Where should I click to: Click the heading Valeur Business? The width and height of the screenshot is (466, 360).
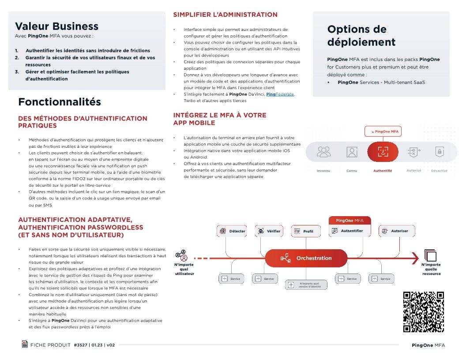(56, 26)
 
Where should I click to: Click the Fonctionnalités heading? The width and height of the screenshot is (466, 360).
(59, 102)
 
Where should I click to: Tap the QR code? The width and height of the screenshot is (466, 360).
(424, 311)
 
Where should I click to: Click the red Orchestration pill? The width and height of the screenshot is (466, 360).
(306, 258)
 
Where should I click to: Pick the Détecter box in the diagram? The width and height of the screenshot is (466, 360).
(231, 231)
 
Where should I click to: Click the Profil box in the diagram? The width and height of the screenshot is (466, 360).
(304, 231)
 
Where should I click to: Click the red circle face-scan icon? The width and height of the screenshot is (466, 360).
(383, 152)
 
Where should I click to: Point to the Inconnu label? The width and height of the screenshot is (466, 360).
(323, 171)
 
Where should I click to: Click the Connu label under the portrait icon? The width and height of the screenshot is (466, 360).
(352, 171)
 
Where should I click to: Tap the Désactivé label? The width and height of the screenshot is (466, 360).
(439, 171)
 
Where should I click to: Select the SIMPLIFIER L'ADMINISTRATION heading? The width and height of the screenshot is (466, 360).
(225, 15)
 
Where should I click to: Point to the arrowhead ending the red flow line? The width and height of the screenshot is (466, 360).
(415, 258)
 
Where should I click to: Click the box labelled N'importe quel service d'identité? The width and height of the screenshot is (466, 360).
(306, 285)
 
